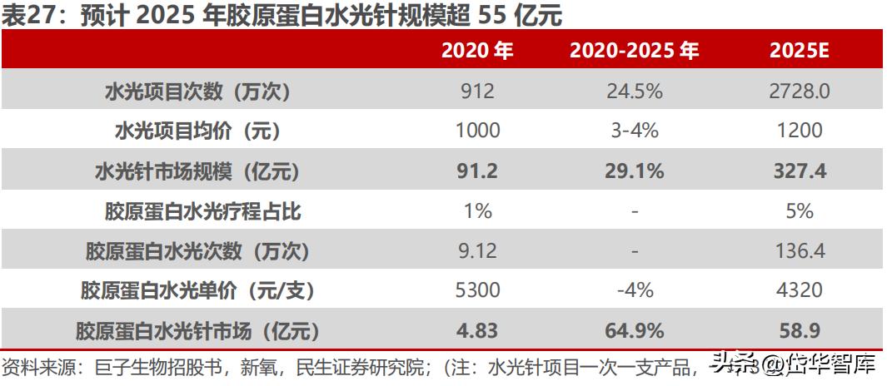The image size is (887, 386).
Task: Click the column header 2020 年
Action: tap(477, 51)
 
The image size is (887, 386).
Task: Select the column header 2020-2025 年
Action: tap(634, 51)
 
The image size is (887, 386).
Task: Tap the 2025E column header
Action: tap(799, 51)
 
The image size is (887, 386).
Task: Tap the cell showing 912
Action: tap(477, 92)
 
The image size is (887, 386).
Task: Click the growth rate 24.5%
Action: tap(634, 92)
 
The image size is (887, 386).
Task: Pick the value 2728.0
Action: tap(799, 92)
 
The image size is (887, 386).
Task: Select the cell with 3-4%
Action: tap(634, 131)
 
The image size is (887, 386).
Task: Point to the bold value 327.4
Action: tap(799, 171)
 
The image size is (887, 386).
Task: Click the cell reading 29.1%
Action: tap(634, 171)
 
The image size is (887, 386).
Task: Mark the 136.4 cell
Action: tap(799, 250)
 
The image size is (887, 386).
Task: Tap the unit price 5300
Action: tap(477, 290)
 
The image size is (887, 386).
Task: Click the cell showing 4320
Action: tap(799, 290)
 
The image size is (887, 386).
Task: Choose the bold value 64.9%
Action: tap(634, 330)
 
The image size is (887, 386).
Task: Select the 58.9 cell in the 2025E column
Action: tap(799, 330)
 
